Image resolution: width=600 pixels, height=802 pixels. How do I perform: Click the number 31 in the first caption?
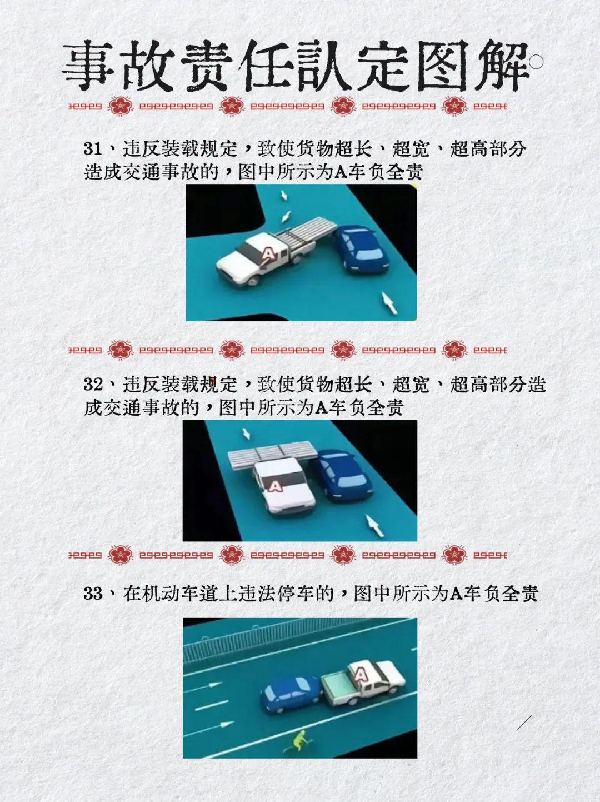pyautogui.click(x=92, y=149)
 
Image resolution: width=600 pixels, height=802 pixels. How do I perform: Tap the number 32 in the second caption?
pyautogui.click(x=92, y=385)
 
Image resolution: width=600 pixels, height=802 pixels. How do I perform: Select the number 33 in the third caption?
pyautogui.click(x=93, y=594)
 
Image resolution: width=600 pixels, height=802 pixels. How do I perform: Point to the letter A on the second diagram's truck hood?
pyautogui.click(x=275, y=486)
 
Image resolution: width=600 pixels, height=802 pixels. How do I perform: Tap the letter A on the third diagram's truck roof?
pyautogui.click(x=361, y=675)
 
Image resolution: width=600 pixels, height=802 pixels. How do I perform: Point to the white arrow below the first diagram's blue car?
pyautogui.click(x=390, y=302)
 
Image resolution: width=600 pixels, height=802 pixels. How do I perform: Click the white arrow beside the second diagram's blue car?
pyautogui.click(x=374, y=525)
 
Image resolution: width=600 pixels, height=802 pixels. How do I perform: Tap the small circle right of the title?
pyautogui.click(x=537, y=62)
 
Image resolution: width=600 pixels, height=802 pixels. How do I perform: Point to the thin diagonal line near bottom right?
pyautogui.click(x=524, y=723)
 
